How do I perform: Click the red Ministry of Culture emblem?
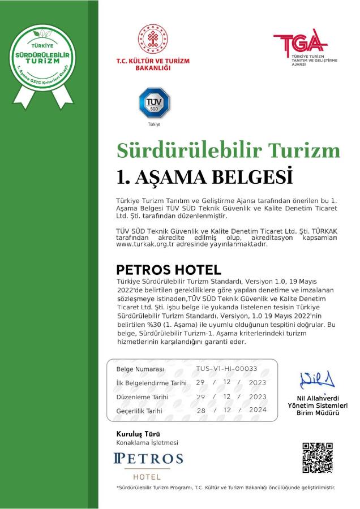click(x=152, y=39)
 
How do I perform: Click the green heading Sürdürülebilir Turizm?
click(x=228, y=150)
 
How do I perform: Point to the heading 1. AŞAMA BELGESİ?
click(x=204, y=176)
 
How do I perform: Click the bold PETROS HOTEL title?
click(x=168, y=269)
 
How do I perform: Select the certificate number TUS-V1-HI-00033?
click(x=226, y=368)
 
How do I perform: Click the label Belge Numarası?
click(x=140, y=369)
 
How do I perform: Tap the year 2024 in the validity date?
click(x=257, y=410)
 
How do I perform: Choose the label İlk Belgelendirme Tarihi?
click(x=151, y=383)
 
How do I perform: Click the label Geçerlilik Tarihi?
click(x=139, y=411)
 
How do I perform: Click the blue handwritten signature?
click(x=317, y=378)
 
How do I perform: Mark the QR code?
click(x=318, y=458)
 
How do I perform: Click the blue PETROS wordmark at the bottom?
click(x=148, y=458)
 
